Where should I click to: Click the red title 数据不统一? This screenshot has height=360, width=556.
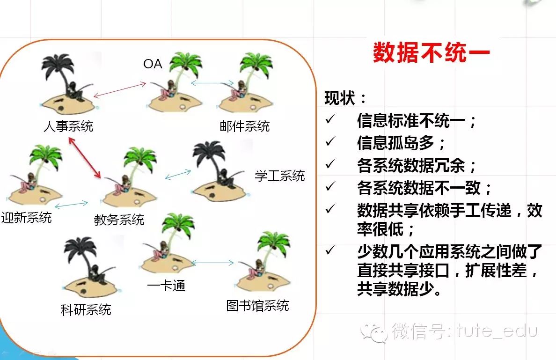click(x=432, y=53)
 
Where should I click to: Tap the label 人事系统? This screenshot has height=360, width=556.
click(x=68, y=126)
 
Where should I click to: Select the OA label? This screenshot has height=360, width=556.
click(x=153, y=64)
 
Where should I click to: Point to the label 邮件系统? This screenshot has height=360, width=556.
click(x=245, y=126)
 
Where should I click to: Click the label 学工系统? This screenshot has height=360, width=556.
click(x=280, y=176)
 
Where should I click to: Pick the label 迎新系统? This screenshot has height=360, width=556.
click(x=26, y=217)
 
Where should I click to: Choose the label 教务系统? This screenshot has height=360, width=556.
click(x=119, y=220)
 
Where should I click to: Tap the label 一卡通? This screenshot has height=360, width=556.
click(x=166, y=286)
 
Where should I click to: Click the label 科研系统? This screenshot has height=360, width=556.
click(x=86, y=310)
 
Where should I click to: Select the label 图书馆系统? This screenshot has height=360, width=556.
click(x=258, y=305)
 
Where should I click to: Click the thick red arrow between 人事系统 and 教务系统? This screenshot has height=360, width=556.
click(x=84, y=158)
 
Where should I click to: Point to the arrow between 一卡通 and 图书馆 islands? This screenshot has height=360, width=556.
click(x=212, y=263)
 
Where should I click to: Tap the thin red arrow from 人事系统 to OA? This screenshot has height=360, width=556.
click(x=120, y=90)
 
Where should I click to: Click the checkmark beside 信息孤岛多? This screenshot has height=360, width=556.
click(x=330, y=141)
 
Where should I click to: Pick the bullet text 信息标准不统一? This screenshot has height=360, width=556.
click(x=411, y=121)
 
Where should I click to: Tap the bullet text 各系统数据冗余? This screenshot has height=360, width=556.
click(x=411, y=165)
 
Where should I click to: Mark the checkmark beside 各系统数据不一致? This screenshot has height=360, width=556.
click(x=330, y=186)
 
